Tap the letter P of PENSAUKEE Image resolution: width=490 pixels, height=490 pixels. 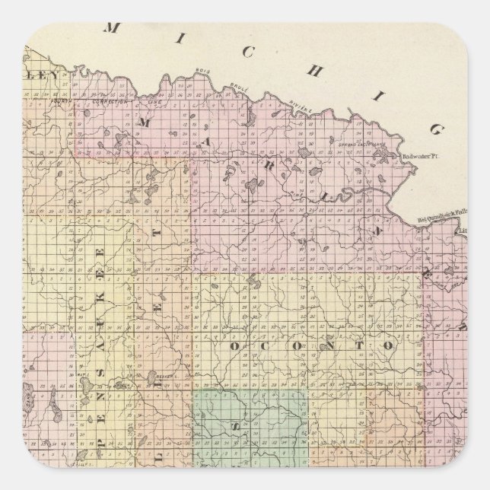point(97,436)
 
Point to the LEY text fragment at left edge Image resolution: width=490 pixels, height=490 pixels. point(38,75)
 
